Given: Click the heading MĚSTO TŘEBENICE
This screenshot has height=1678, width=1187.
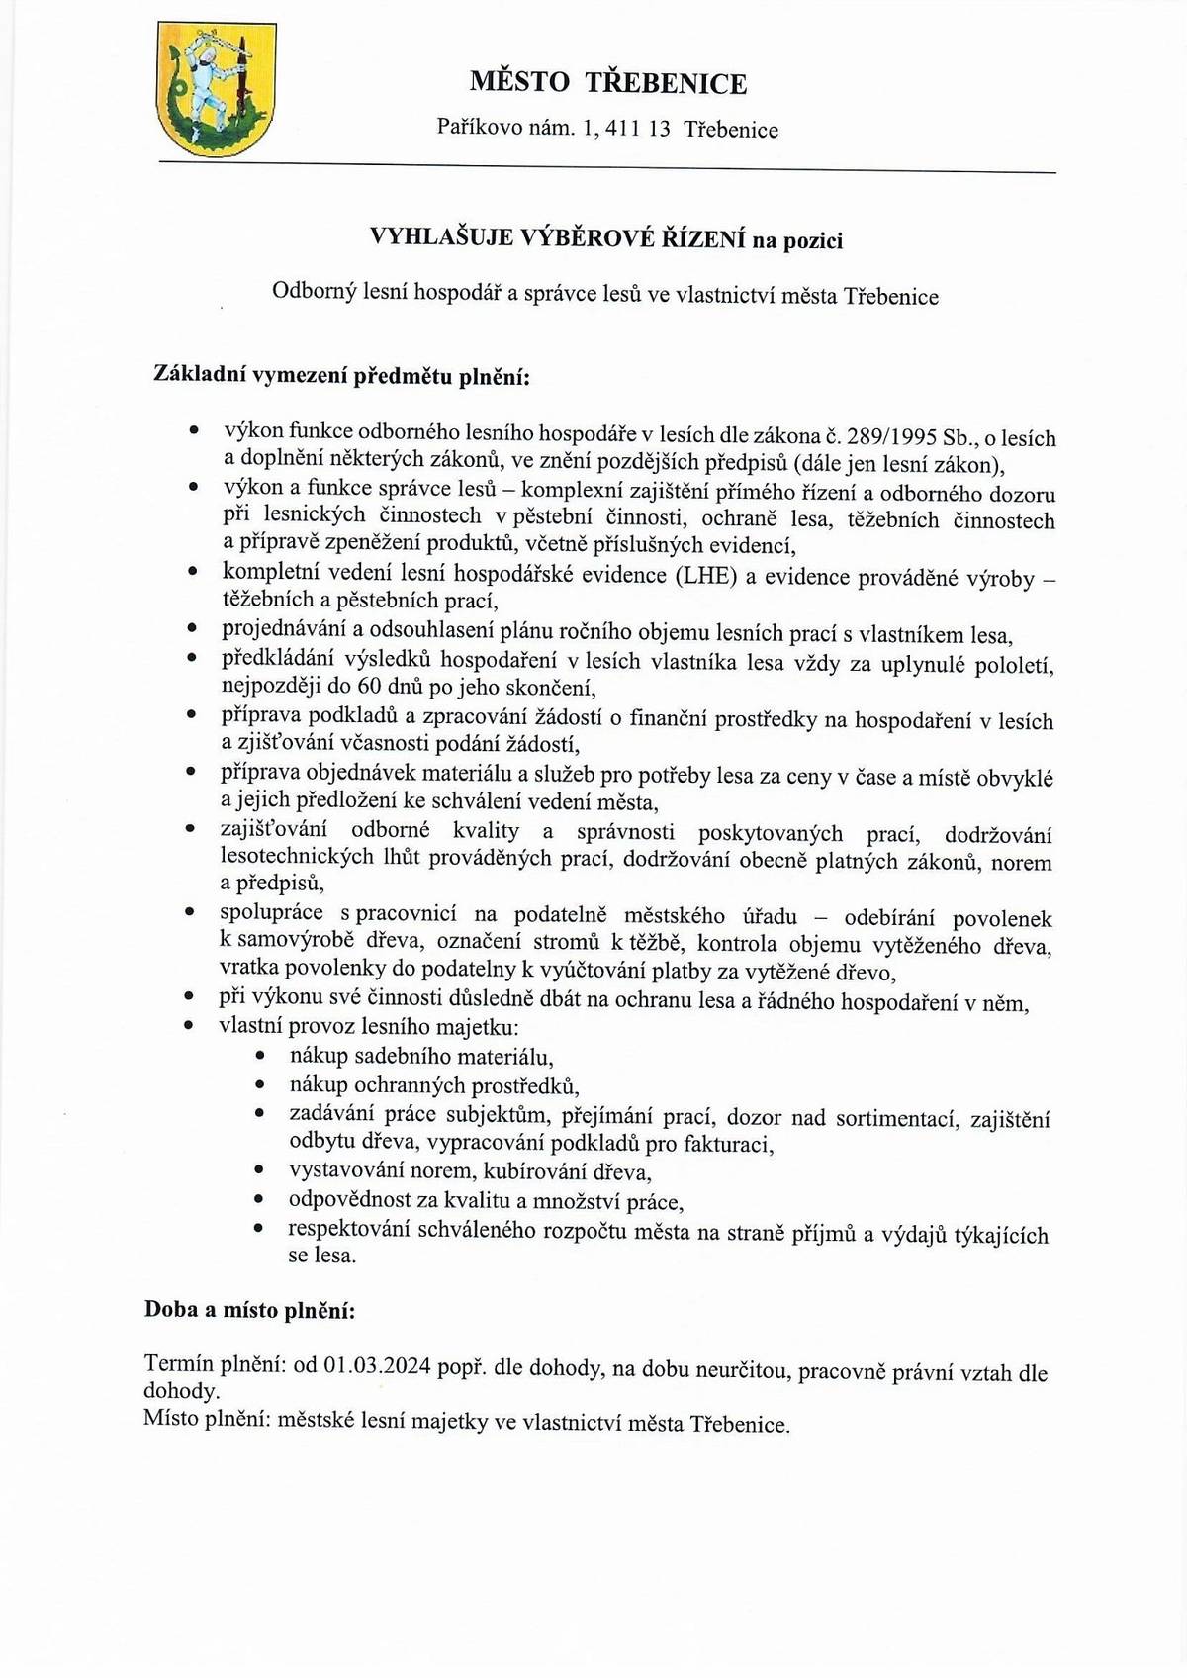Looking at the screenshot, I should click(607, 83).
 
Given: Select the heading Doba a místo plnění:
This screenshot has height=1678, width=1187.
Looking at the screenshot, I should click(249, 1311).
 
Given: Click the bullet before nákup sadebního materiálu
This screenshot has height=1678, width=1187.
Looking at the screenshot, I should click(260, 1058).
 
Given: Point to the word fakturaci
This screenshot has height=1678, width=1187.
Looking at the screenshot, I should click(725, 1145).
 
